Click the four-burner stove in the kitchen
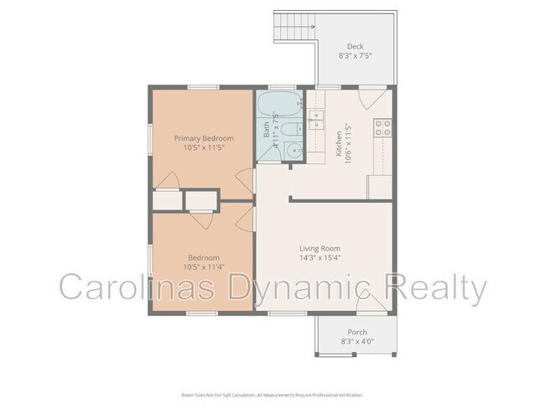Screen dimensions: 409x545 click(383, 127)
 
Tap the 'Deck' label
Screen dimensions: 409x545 click(356, 46)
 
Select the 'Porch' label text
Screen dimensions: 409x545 click(357, 332)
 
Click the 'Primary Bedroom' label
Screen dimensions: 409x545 click(204, 137)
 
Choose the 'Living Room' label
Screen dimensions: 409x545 click(319, 248)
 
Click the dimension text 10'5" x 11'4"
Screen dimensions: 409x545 click(204, 267)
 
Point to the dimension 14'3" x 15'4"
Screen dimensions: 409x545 click(319, 257)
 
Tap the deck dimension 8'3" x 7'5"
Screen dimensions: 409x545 click(356, 55)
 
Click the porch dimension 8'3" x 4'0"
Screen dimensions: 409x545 click(357, 341)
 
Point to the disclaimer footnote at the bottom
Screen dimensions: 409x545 click(272, 394)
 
